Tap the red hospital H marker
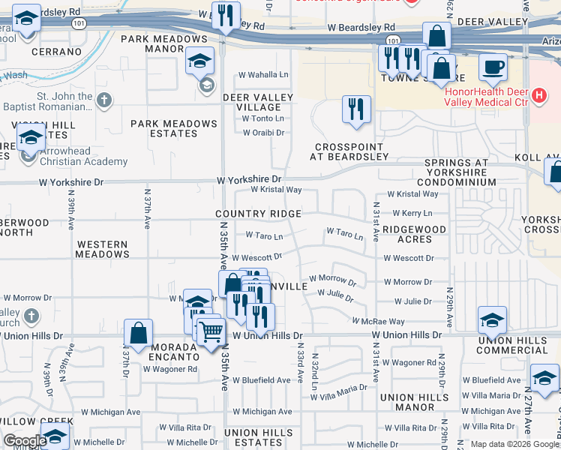point(538,95)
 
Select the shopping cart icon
point(212,330)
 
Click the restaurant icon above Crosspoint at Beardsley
point(356,109)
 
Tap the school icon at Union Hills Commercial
point(491,321)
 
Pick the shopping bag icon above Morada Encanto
point(139,332)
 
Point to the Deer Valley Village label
point(253,103)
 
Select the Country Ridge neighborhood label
point(259,214)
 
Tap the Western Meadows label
point(102,249)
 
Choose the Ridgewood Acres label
point(414,234)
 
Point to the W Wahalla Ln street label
point(263,75)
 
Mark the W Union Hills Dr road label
point(267,336)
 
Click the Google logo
point(24,441)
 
